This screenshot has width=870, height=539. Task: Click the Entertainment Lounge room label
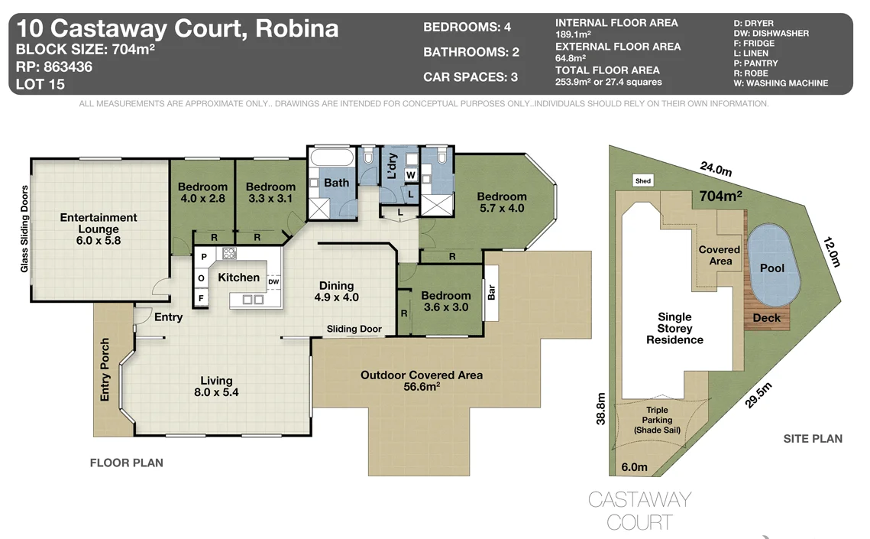pyautogui.click(x=99, y=228)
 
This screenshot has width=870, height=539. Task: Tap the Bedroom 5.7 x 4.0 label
pyautogui.click(x=501, y=202)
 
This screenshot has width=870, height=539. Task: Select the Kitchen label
pyautogui.click(x=238, y=278)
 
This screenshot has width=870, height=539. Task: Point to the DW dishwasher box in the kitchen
pyautogui.click(x=273, y=282)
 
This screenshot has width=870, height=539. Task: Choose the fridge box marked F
pyautogui.click(x=202, y=298)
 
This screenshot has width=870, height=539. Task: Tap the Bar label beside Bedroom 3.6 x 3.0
pyautogui.click(x=491, y=292)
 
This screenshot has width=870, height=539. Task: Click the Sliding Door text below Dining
pyautogui.click(x=354, y=329)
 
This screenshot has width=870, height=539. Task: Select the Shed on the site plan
pyautogui.click(x=642, y=181)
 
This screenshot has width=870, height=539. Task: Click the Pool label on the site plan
pyautogui.click(x=771, y=268)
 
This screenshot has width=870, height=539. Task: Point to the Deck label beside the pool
pyautogui.click(x=767, y=317)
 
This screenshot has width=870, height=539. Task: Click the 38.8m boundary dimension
pyautogui.click(x=601, y=408)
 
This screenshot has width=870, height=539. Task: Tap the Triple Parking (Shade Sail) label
pyautogui.click(x=657, y=420)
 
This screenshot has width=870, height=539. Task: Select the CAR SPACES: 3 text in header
pyautogui.click(x=471, y=77)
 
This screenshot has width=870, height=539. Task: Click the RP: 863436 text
pyautogui.click(x=53, y=67)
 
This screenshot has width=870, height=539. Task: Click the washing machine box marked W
pyautogui.click(x=410, y=175)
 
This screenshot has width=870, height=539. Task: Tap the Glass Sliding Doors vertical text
pyautogui.click(x=24, y=229)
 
